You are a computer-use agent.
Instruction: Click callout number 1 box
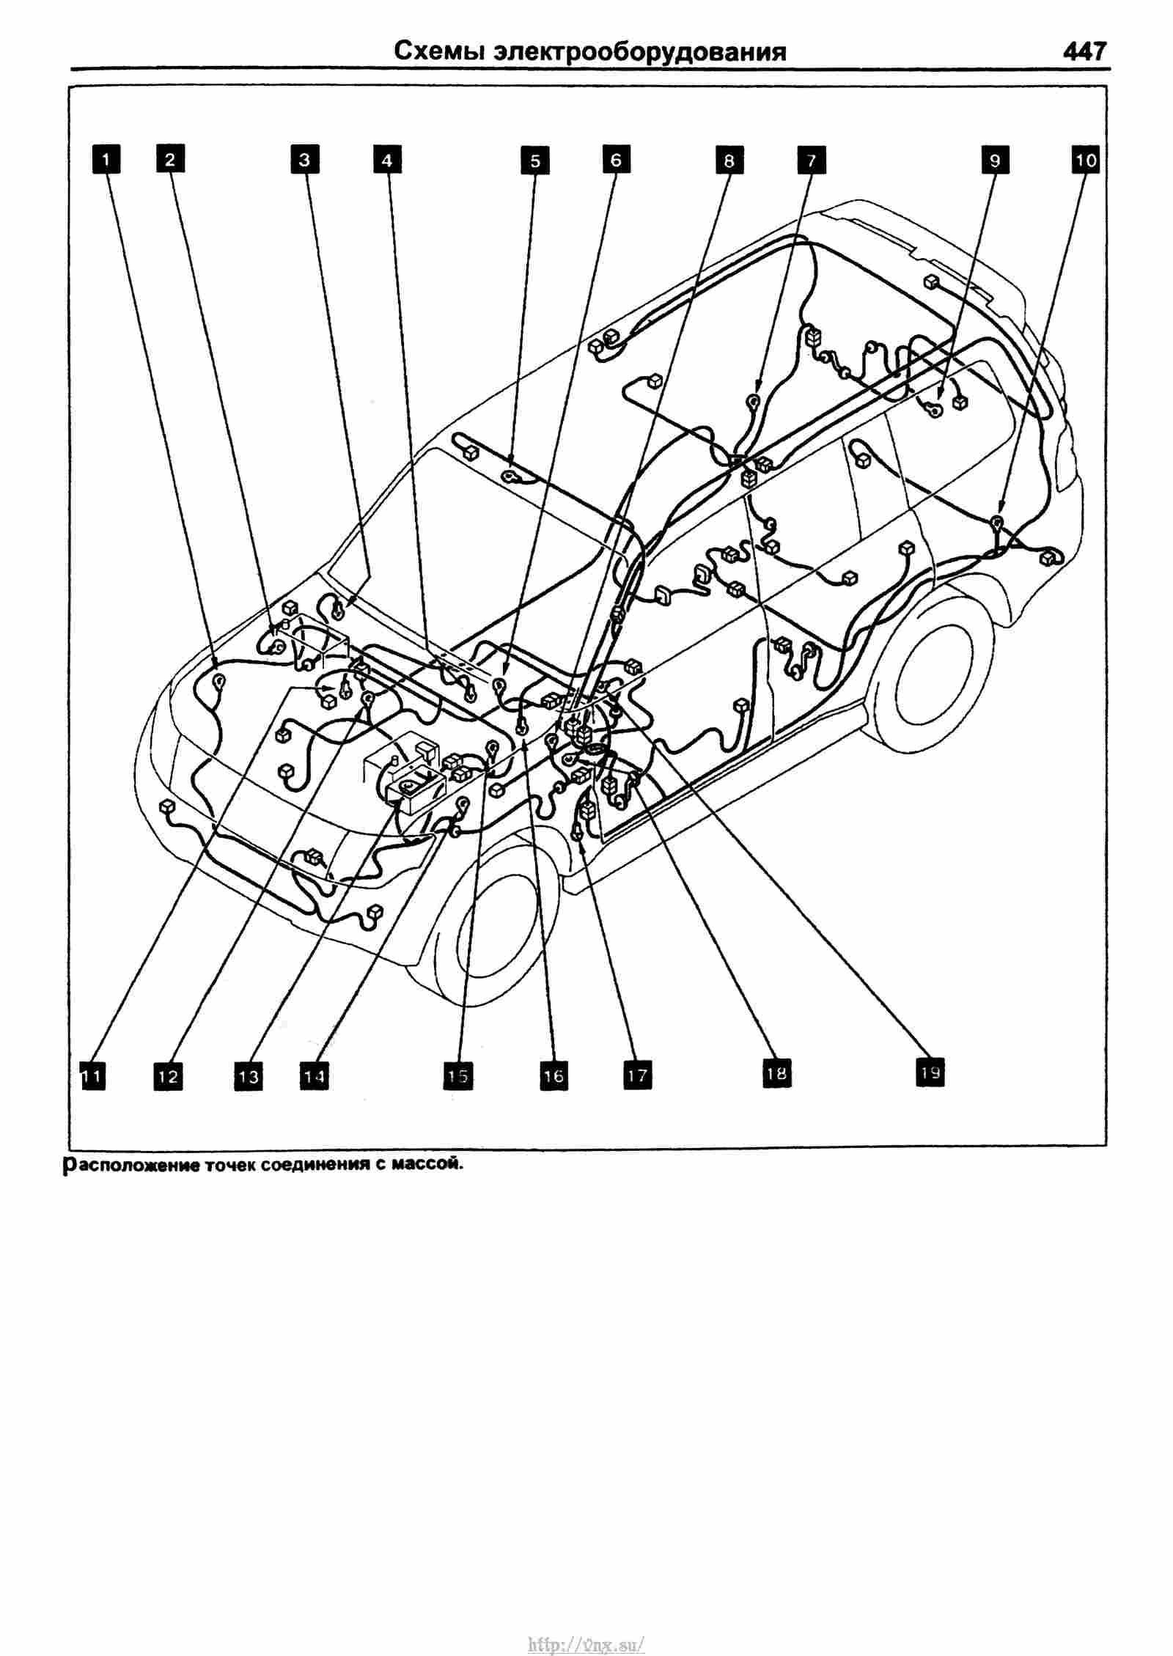(x=106, y=159)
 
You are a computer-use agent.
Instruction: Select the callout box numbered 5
(x=534, y=160)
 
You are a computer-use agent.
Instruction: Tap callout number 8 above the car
(x=729, y=160)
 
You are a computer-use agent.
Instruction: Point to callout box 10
(x=1086, y=159)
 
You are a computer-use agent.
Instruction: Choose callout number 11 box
(x=92, y=1076)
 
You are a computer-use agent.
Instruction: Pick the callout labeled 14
(x=314, y=1076)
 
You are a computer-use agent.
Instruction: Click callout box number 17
(x=637, y=1075)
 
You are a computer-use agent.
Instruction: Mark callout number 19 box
(x=930, y=1072)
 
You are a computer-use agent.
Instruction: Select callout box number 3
(x=304, y=159)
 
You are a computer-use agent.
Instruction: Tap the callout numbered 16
(x=554, y=1075)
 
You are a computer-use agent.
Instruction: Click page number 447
(x=1082, y=52)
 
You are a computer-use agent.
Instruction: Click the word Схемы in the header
(x=439, y=53)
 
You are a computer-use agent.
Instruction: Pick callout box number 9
(x=995, y=159)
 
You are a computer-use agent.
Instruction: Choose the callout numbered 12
(x=168, y=1076)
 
